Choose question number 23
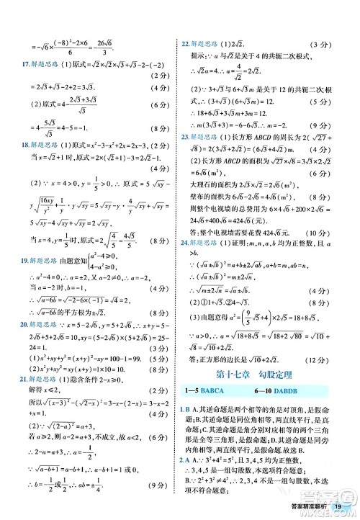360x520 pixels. coord(186,137)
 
